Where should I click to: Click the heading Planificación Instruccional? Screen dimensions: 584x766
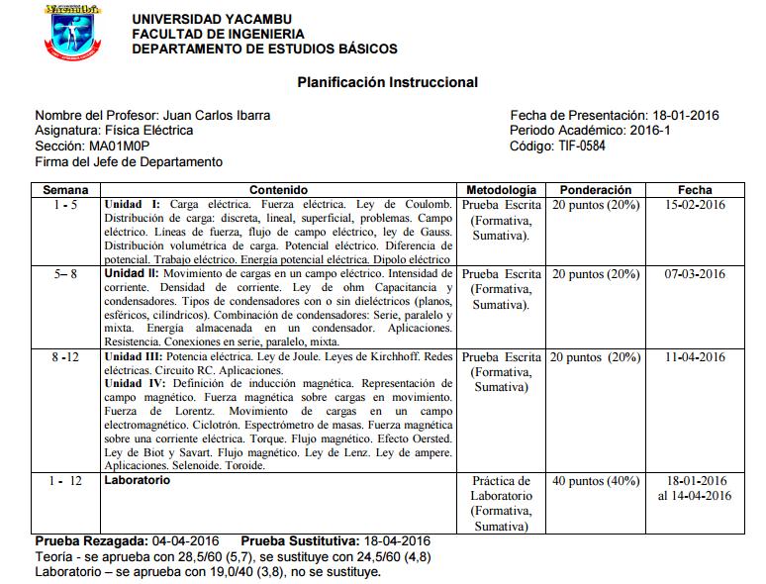[387, 83]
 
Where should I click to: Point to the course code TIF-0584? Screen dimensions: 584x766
[582, 146]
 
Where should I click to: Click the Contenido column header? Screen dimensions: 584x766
[278, 189]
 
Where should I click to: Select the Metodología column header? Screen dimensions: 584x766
[501, 189]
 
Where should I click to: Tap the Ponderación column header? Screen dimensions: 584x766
[595, 189]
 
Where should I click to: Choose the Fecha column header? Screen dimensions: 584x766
[694, 189]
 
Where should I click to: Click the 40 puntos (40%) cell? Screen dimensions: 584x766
[595, 481]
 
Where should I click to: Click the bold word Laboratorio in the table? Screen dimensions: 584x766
[137, 480]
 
